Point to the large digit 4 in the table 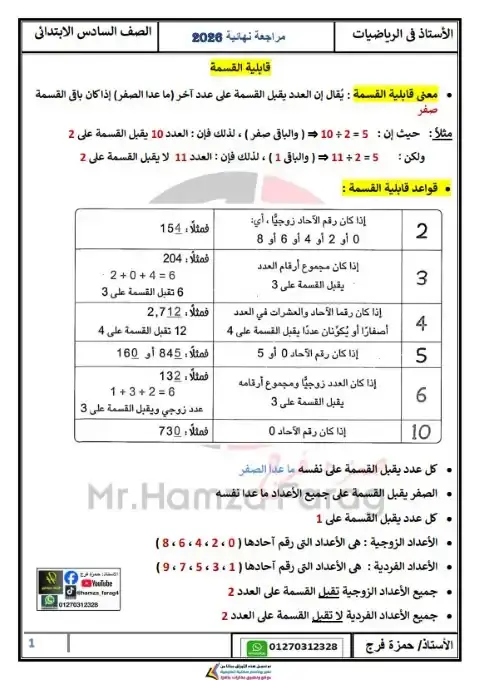pos(421,323)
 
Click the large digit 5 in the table pos(421,353)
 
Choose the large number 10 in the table pos(421,431)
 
